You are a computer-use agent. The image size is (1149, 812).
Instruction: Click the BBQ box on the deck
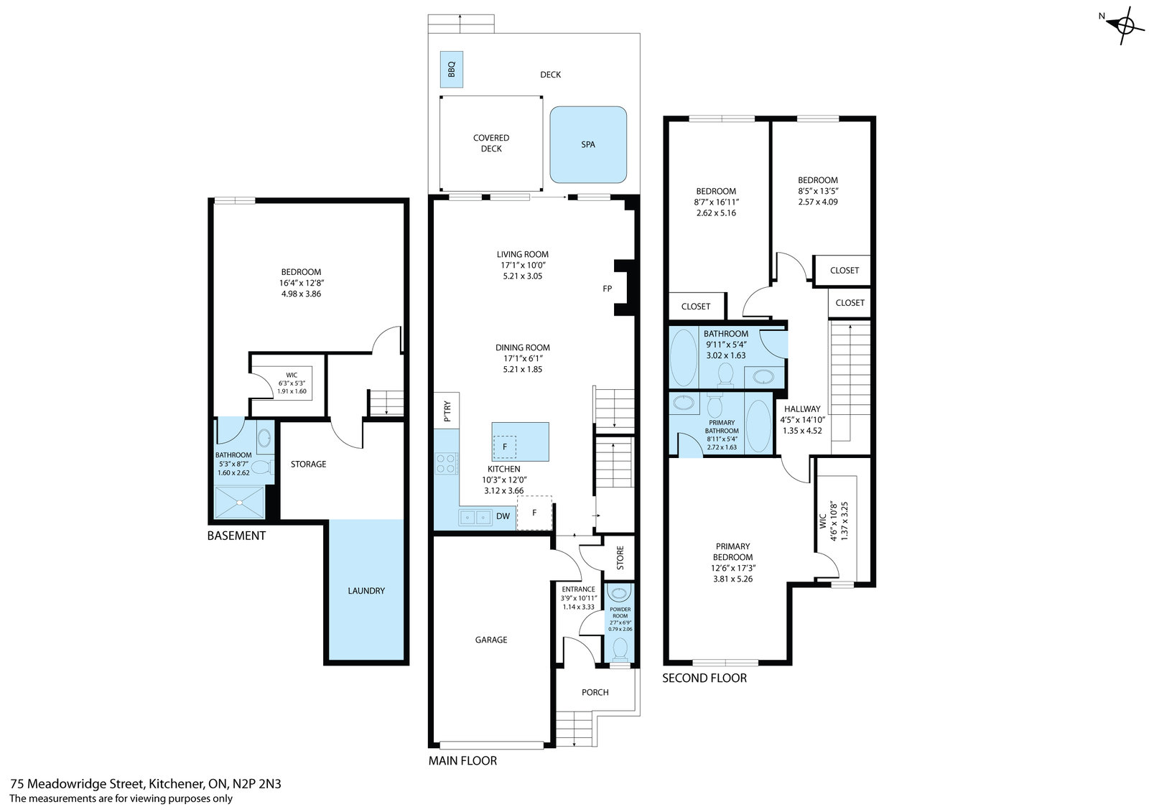point(452,69)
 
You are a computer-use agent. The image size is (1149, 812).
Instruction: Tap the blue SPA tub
point(588,144)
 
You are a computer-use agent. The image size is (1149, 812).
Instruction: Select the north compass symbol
point(1123,24)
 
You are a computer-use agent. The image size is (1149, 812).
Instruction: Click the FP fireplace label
point(608,289)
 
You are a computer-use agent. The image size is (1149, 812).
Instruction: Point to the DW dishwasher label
point(503,516)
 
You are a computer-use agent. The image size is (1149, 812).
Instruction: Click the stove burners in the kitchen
point(446,464)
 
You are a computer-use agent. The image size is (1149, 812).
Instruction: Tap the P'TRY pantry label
point(447,411)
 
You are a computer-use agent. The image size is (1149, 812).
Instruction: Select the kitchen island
point(520,442)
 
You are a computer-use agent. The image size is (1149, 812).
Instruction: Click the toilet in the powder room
point(620,649)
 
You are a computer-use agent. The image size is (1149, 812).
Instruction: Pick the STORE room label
point(620,558)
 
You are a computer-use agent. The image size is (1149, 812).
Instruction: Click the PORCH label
point(595,693)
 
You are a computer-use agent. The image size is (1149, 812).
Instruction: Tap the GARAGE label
point(491,640)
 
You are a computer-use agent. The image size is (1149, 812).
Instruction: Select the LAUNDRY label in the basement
point(366,591)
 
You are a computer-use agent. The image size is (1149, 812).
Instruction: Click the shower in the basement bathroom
point(240,503)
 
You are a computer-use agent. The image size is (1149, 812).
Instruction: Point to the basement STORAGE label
point(308,465)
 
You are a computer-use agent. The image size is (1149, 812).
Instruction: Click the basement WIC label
point(292,375)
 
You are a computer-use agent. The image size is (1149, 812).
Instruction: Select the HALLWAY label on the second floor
point(802,409)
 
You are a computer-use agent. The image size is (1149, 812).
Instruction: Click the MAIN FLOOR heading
point(462,761)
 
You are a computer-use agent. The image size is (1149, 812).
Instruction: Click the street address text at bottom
point(146,784)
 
